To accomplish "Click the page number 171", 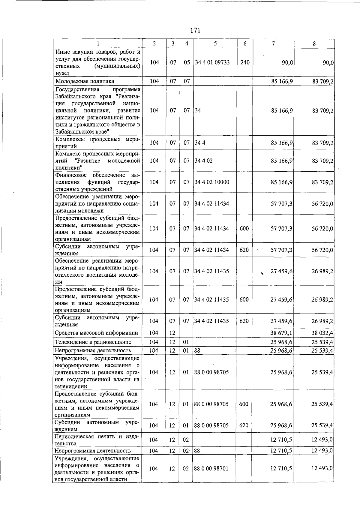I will (195, 30).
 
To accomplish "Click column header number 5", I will (215, 44).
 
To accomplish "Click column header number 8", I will (314, 44).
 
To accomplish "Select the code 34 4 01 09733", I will (212, 62).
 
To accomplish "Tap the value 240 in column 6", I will (245, 62).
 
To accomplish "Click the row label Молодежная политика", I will (85, 81).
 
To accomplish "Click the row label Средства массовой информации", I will (96, 333).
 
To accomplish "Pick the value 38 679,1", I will (281, 333).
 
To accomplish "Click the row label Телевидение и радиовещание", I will (93, 342).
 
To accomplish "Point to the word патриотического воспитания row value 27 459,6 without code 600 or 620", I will (281, 271).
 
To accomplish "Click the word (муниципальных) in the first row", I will (117, 66).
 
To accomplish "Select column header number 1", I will (98, 44).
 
